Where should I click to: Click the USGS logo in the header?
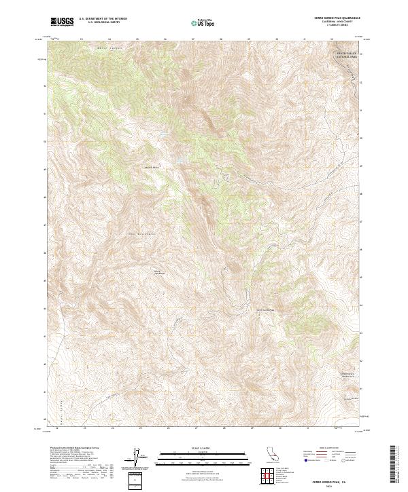click(62, 22)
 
